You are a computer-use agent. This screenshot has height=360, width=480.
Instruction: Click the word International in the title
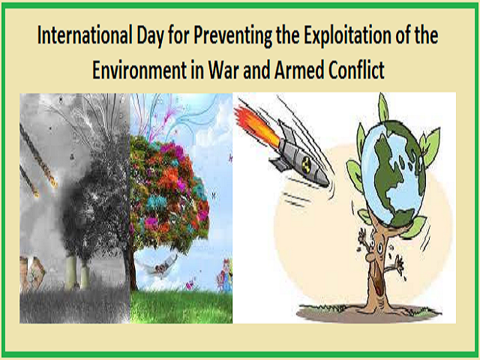coord(85,35)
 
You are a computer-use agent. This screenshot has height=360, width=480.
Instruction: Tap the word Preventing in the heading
coord(233,36)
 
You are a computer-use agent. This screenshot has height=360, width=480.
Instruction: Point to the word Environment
coord(139,70)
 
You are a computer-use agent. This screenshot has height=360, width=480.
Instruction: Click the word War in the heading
coord(224,70)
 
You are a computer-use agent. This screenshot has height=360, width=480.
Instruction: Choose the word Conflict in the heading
coord(356,70)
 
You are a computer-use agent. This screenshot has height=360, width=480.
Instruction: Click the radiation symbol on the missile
coord(306,164)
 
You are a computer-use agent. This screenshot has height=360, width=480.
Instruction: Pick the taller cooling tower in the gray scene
coord(71,272)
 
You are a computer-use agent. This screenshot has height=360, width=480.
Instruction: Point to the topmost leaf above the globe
coord(383,108)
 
